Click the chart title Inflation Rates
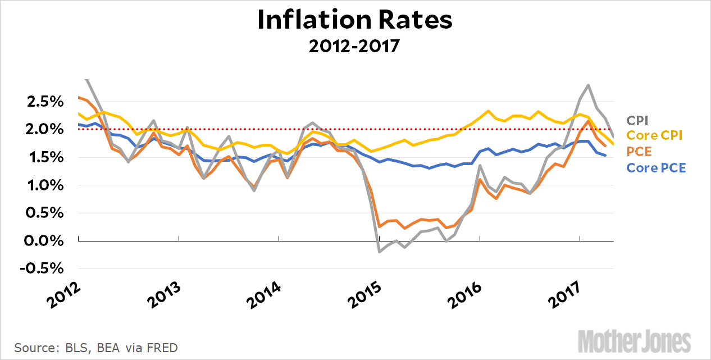pos(355,20)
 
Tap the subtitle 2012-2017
pos(354,45)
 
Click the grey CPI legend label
pos(637,121)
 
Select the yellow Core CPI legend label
pos(654,136)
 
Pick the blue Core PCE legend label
pos(656,167)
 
